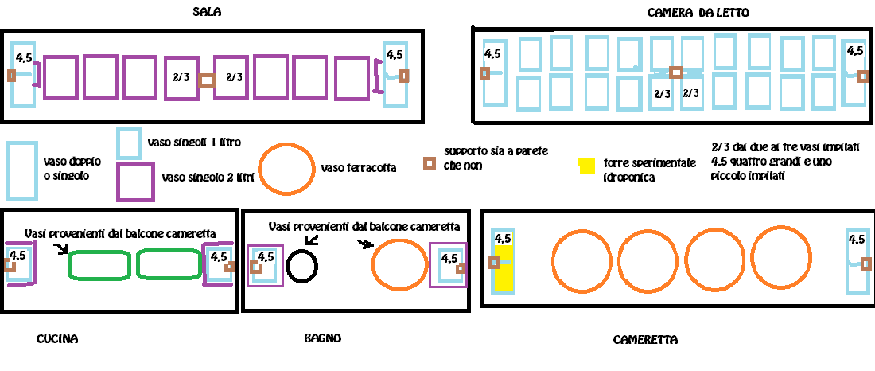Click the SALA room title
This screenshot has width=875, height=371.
pyautogui.click(x=207, y=12)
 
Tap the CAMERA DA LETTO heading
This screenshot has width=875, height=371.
pyautogui.click(x=698, y=12)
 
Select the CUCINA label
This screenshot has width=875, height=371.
pyautogui.click(x=57, y=338)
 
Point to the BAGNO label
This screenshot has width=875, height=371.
pyautogui.click(x=322, y=338)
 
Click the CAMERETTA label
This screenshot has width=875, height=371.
pyautogui.click(x=645, y=340)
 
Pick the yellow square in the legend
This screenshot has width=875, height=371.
pyautogui.click(x=586, y=166)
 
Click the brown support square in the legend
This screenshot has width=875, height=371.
pyautogui.click(x=429, y=164)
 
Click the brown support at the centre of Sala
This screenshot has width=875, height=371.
pyautogui.click(x=207, y=80)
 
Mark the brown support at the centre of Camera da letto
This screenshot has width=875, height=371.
pyautogui.click(x=676, y=72)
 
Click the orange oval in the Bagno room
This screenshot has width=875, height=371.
pyautogui.click(x=373, y=264)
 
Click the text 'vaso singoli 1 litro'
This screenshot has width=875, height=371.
pyautogui.click(x=194, y=142)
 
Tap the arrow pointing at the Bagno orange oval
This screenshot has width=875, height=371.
pyautogui.click(x=364, y=244)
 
